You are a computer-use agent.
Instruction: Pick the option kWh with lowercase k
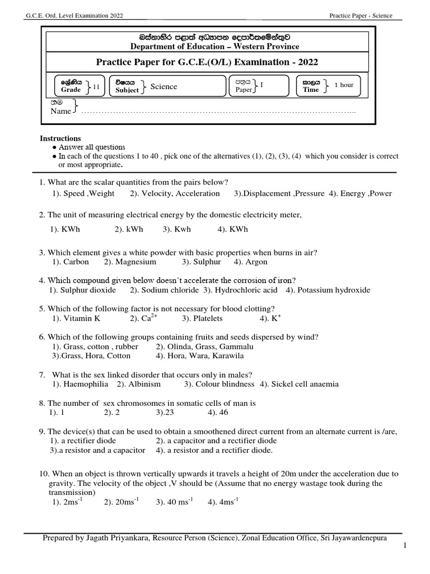pyautogui.click(x=129, y=229)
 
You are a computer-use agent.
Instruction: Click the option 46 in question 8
pyautogui.click(x=212, y=413)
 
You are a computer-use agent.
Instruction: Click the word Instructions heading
pyautogui.click(x=60, y=138)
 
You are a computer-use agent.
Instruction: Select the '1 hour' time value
pyautogui.click(x=344, y=85)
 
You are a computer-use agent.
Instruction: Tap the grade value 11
pyautogui.click(x=96, y=86)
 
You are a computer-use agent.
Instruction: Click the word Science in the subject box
pyautogui.click(x=163, y=86)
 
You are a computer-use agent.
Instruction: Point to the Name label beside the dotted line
pyautogui.click(x=61, y=111)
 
